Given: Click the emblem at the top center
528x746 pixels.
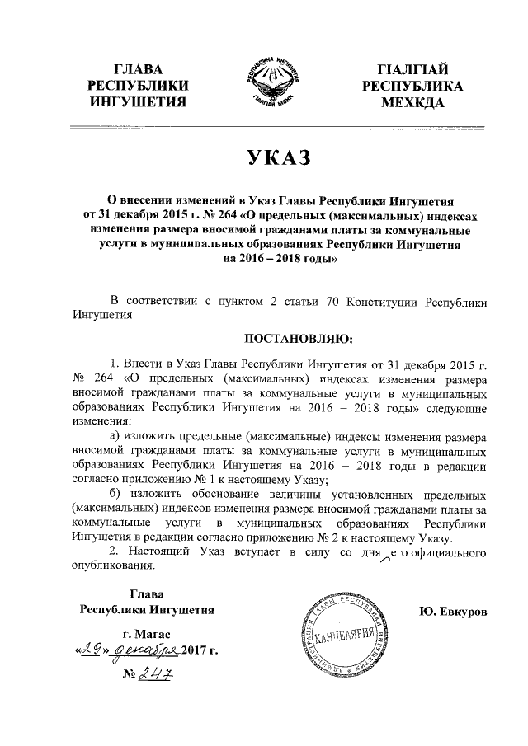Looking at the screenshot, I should (x=264, y=86).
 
